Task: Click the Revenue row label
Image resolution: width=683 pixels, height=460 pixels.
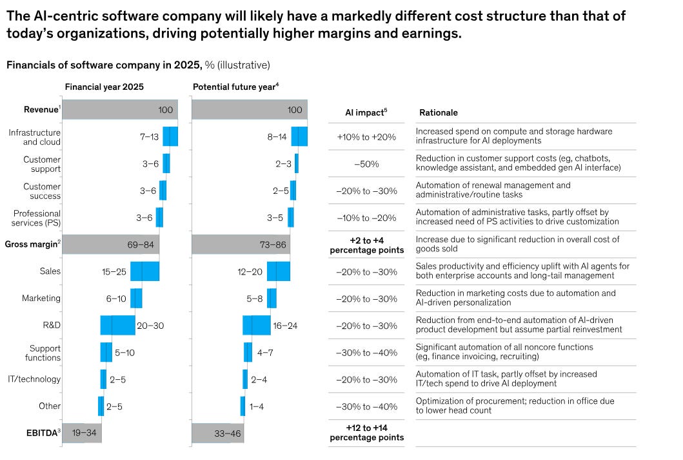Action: (x=39, y=109)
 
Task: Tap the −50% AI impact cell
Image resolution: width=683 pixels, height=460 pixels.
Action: (x=366, y=164)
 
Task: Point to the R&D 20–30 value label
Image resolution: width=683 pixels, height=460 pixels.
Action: (x=150, y=326)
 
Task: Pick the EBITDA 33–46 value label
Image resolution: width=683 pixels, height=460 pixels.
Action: (x=228, y=434)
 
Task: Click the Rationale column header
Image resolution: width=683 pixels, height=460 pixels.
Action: (x=439, y=112)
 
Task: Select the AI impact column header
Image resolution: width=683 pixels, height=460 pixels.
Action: (x=366, y=112)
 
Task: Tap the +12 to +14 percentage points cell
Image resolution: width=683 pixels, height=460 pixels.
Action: (x=366, y=432)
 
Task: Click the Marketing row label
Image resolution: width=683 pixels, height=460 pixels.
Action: (x=41, y=298)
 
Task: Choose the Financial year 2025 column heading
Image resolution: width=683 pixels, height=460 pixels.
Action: (x=104, y=87)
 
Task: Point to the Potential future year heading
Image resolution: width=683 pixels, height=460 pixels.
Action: (x=235, y=87)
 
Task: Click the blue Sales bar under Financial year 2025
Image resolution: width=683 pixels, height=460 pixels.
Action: (x=144, y=271)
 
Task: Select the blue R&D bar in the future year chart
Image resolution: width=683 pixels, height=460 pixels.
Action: (x=257, y=326)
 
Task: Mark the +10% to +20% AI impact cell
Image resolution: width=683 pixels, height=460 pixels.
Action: (x=366, y=137)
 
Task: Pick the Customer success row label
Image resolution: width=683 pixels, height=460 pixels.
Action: (x=42, y=191)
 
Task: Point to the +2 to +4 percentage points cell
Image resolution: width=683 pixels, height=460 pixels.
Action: (x=366, y=245)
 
